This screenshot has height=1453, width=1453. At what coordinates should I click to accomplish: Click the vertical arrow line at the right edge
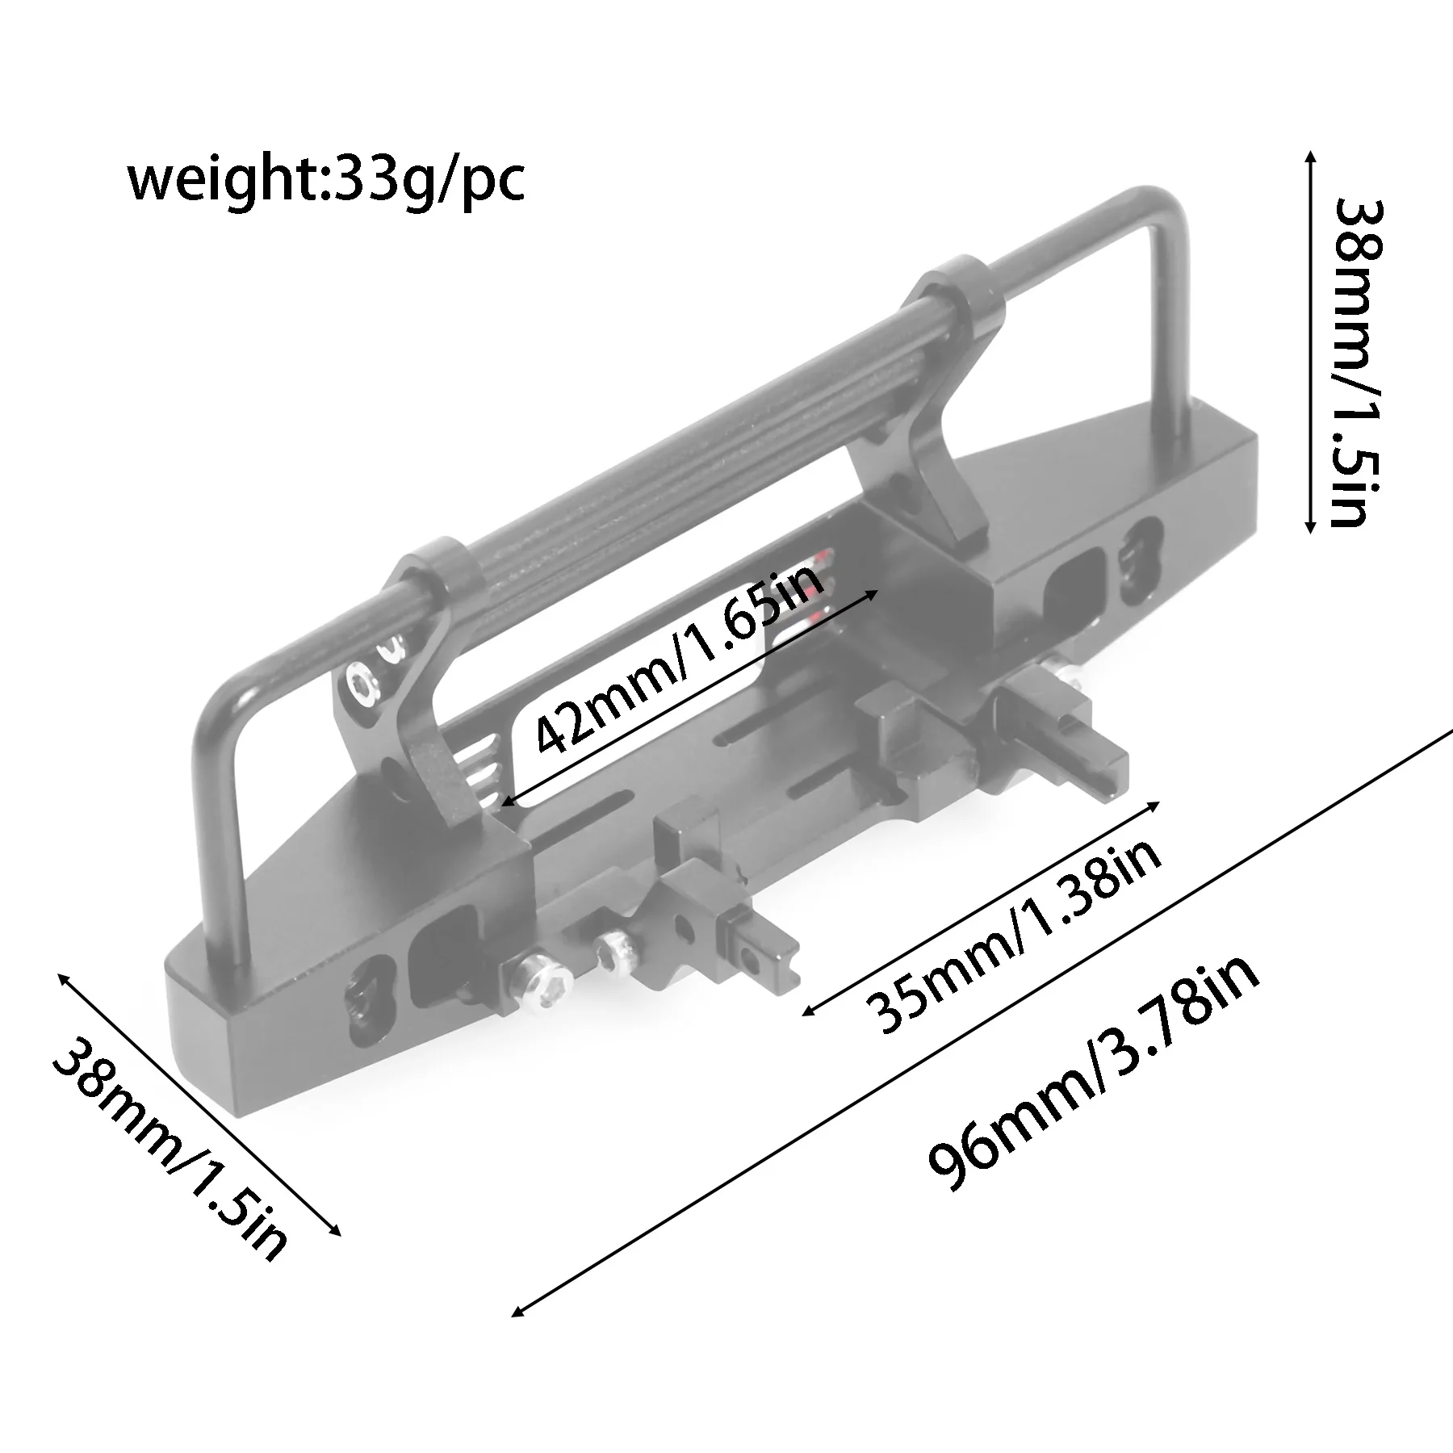tap(1310, 274)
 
